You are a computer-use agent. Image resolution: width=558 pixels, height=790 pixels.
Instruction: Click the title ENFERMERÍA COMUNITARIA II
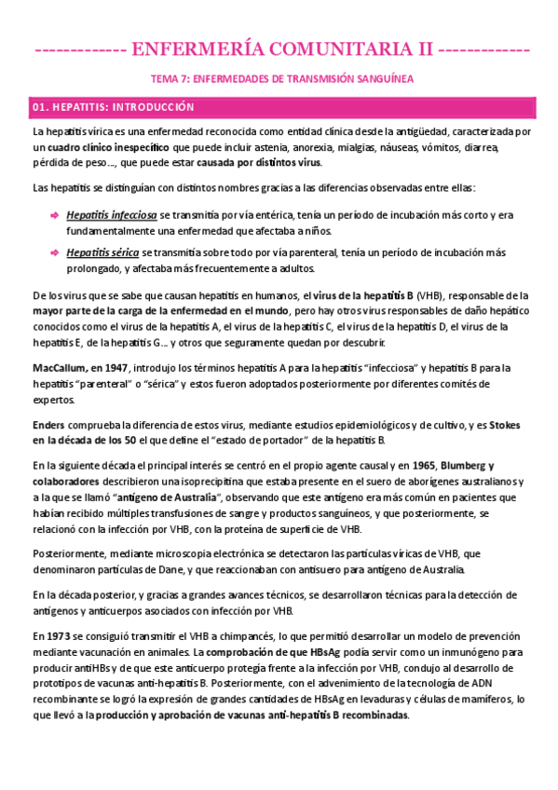tap(279, 48)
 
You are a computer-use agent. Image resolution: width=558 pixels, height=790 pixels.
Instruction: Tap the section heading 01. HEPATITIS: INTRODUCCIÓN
tap(114, 107)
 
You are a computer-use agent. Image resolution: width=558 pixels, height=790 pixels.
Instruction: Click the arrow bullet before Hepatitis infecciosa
tap(54, 215)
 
